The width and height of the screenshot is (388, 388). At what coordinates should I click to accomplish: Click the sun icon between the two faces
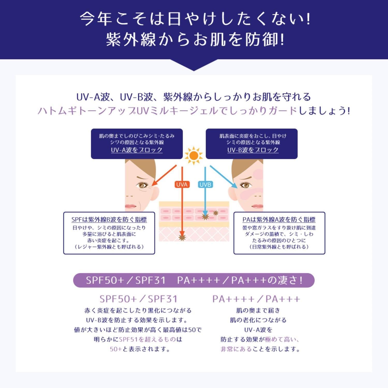(194, 156)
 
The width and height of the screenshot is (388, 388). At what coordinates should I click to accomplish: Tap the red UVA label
(182, 184)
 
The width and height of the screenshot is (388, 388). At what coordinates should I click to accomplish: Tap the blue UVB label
(205, 184)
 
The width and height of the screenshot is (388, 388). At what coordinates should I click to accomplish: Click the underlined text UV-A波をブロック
(137, 150)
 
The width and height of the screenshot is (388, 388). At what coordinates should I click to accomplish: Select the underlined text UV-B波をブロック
(253, 150)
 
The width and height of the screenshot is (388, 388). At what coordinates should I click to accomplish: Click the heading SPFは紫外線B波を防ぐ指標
(109, 220)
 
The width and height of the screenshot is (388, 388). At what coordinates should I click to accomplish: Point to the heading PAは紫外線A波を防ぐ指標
(279, 220)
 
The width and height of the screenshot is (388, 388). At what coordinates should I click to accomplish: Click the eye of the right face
(245, 185)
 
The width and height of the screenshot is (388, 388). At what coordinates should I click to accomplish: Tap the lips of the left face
(131, 206)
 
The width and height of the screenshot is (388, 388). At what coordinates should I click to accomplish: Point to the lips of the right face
(257, 206)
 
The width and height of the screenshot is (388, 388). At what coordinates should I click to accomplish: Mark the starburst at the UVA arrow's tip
(182, 237)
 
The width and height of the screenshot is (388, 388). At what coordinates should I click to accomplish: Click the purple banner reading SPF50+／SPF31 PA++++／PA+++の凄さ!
(194, 280)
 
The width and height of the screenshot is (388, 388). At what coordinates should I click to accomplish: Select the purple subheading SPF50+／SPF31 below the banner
(138, 299)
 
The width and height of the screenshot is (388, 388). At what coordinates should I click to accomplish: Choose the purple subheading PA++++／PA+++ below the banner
(256, 299)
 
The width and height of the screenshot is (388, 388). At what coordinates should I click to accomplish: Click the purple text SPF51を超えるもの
(147, 339)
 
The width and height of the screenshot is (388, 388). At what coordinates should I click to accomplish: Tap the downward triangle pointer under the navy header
(194, 65)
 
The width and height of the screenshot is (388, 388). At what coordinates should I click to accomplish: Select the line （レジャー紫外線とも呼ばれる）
(109, 247)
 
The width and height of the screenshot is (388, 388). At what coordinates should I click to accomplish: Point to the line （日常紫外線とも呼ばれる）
(279, 247)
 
